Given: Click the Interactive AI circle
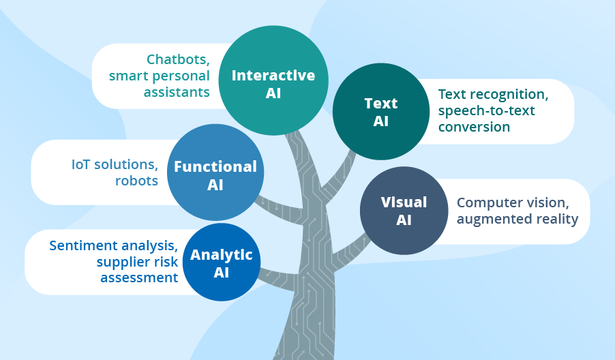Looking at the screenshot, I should [x=273, y=80].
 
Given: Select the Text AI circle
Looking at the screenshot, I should [x=380, y=112].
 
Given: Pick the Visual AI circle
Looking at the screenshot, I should [x=404, y=211].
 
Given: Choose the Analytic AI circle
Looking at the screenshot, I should [x=222, y=262].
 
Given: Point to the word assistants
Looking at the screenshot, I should [x=177, y=92].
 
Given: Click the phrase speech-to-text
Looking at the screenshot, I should [x=485, y=110].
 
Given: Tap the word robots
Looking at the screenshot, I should [x=137, y=181].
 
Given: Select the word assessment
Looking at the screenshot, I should [x=139, y=277].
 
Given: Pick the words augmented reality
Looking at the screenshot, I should [x=517, y=219].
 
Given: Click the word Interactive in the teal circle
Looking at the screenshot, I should [x=273, y=75].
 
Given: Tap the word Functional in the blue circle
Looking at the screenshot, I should [x=215, y=166].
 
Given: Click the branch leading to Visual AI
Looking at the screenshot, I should [x=348, y=250].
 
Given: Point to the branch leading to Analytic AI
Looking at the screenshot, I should [x=276, y=280].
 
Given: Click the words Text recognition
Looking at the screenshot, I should [x=493, y=94].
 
